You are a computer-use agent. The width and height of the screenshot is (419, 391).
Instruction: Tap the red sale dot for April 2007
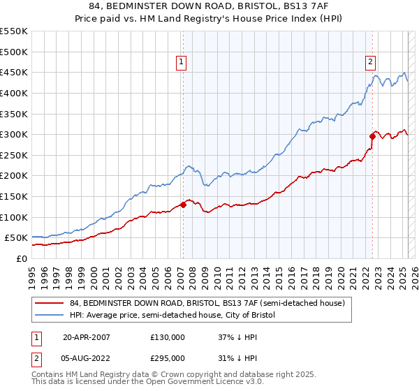(183, 205)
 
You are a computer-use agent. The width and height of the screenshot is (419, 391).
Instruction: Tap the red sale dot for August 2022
(372, 137)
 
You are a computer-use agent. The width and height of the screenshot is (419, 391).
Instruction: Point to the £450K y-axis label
(14, 72)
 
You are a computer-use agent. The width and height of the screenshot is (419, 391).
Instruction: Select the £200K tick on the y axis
(14, 176)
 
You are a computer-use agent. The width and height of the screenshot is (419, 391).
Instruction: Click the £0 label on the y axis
(22, 259)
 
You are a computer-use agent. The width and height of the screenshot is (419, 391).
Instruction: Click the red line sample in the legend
(50, 304)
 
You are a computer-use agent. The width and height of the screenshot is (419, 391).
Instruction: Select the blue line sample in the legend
(50, 316)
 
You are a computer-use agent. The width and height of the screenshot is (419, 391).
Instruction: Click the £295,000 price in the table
(168, 357)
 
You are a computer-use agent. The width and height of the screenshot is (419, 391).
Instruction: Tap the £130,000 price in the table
(168, 337)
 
